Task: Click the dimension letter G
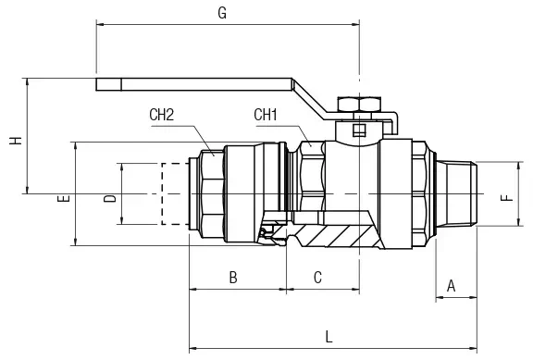point(222,13)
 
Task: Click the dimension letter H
point(16,141)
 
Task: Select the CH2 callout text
point(161,115)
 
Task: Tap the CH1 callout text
point(266,115)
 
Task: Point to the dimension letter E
point(64,199)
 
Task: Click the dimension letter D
point(110,199)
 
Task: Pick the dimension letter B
point(233,278)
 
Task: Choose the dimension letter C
point(317,278)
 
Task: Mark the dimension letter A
point(451,286)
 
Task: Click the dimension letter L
point(328,337)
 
